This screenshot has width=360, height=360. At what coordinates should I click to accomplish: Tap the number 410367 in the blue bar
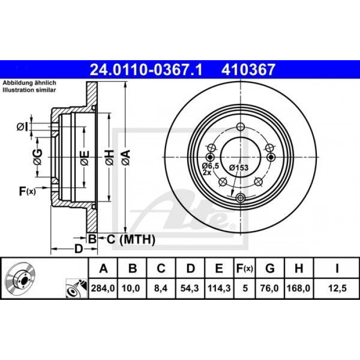click(x=248, y=69)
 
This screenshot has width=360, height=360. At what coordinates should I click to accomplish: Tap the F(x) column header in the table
click(x=244, y=268)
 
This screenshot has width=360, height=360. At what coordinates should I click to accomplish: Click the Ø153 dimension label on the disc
click(x=239, y=167)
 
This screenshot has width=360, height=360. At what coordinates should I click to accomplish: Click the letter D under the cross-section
click(x=78, y=250)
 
